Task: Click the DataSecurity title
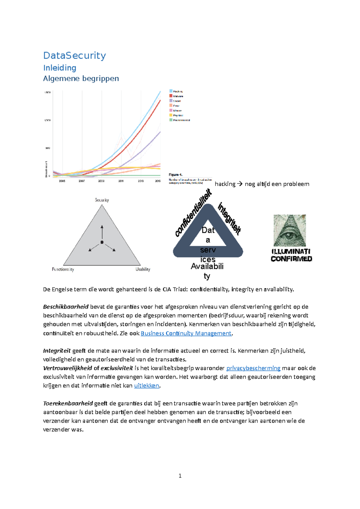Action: (74, 55)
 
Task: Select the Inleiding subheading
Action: (60, 68)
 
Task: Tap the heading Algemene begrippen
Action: (81, 79)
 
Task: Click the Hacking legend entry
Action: (178, 91)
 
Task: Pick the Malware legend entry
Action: (178, 96)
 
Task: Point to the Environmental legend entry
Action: (181, 120)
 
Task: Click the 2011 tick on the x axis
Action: (121, 181)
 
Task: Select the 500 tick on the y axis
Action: (47, 148)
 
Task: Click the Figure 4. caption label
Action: (175, 175)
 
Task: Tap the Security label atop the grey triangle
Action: (102, 200)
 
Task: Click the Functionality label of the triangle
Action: (63, 269)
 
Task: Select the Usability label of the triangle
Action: (143, 269)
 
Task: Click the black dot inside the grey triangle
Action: (102, 242)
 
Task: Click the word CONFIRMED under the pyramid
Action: (291, 259)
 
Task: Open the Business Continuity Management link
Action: (186, 333)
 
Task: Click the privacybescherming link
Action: (253, 368)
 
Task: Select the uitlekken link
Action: (146, 385)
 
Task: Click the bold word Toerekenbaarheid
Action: (68, 403)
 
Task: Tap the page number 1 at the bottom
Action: (180, 476)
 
